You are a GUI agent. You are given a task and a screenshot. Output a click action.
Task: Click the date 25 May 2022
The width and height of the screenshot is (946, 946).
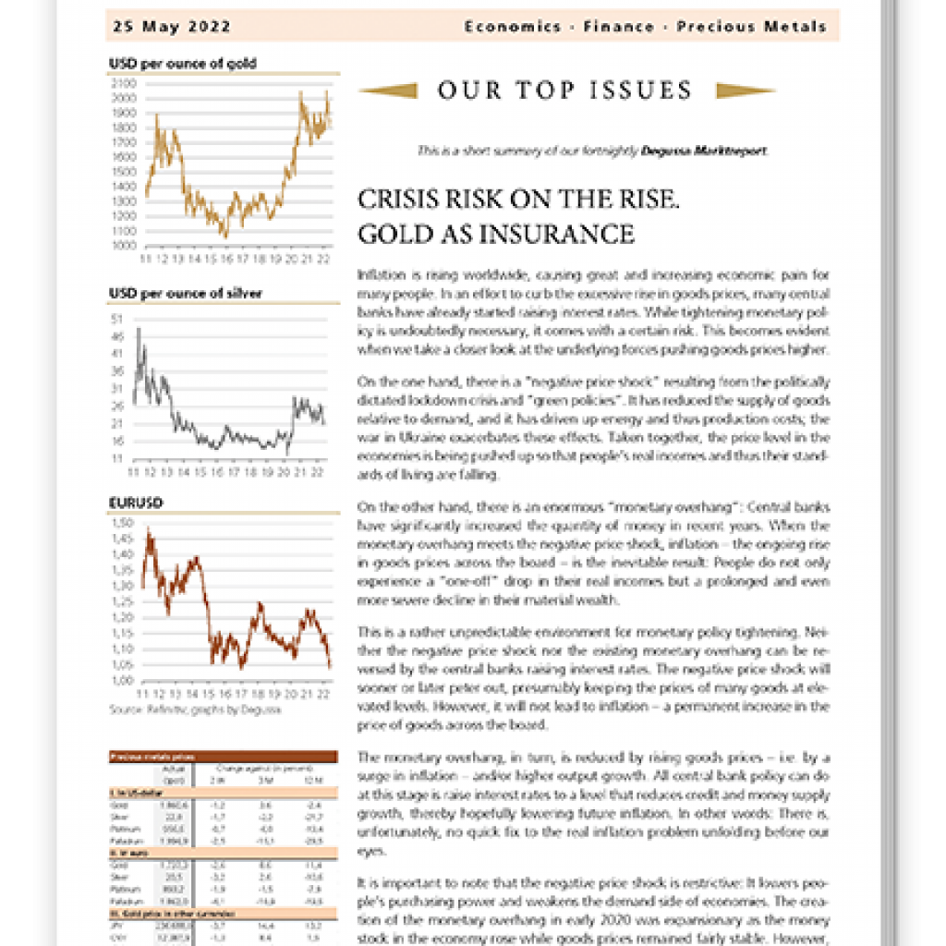pos(172,27)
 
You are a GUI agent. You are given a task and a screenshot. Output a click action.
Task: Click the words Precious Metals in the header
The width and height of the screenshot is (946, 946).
pos(751,27)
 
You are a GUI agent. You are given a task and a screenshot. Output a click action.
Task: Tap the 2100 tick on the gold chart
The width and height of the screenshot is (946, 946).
pos(123,83)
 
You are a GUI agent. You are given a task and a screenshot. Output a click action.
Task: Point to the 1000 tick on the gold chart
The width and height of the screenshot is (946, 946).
pos(123,246)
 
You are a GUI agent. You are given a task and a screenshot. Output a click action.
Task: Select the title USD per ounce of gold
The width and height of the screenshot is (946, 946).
pos(182,64)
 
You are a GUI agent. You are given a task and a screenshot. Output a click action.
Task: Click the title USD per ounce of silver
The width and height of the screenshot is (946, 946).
pos(185,294)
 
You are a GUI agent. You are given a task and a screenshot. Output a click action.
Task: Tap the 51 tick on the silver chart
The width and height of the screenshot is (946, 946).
pos(116,319)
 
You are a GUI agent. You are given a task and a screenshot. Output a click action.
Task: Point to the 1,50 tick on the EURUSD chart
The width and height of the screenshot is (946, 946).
pos(122,523)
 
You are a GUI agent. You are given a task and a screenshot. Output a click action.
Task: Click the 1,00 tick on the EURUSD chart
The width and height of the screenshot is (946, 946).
pos(122,680)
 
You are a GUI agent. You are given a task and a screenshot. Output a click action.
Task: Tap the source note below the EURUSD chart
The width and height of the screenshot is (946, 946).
pos(194,709)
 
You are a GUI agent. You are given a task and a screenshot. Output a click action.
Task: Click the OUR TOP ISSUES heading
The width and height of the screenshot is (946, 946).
pos(564,91)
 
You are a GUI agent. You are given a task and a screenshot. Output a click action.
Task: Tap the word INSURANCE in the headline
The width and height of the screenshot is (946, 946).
pos(573,234)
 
